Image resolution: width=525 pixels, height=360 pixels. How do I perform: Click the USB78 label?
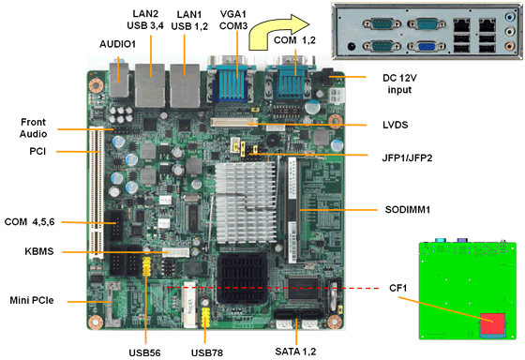pos(208,352)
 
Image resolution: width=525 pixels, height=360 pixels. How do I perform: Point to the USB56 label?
pos(147,352)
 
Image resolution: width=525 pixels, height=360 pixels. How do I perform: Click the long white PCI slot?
pos(95,192)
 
